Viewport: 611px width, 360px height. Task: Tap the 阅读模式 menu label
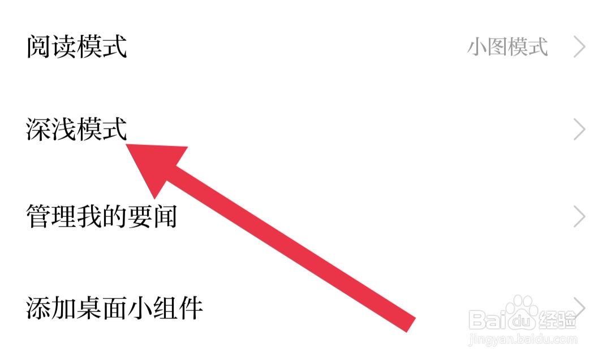pos(76,47)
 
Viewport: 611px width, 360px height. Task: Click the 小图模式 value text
pos(507,47)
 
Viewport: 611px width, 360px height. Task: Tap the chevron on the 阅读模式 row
pos(579,47)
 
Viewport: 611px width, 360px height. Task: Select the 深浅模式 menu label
pos(76,130)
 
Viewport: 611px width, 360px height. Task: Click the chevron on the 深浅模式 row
pos(579,130)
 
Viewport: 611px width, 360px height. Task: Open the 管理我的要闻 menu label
pos(102,217)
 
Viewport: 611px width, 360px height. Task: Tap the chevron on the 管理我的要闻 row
pos(579,217)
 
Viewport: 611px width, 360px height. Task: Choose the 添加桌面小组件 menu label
pos(114,308)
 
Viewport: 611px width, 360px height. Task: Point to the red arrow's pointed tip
pos(127,145)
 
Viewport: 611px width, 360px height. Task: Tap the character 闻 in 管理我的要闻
pos(165,217)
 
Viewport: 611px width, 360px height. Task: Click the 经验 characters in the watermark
pos(557,320)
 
